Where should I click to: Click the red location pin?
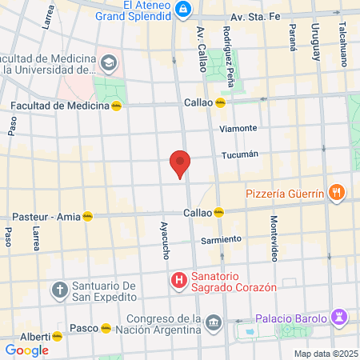tap(180, 164)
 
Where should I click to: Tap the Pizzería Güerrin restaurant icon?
tap(337, 192)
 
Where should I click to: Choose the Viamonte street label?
tap(239, 128)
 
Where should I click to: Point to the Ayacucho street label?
tap(166, 240)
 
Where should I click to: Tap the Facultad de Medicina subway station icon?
tap(117, 106)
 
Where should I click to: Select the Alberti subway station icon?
tap(58, 336)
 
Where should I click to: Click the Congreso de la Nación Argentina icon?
tap(213, 322)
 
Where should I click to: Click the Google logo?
tap(27, 350)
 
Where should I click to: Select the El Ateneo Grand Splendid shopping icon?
tap(184, 9)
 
